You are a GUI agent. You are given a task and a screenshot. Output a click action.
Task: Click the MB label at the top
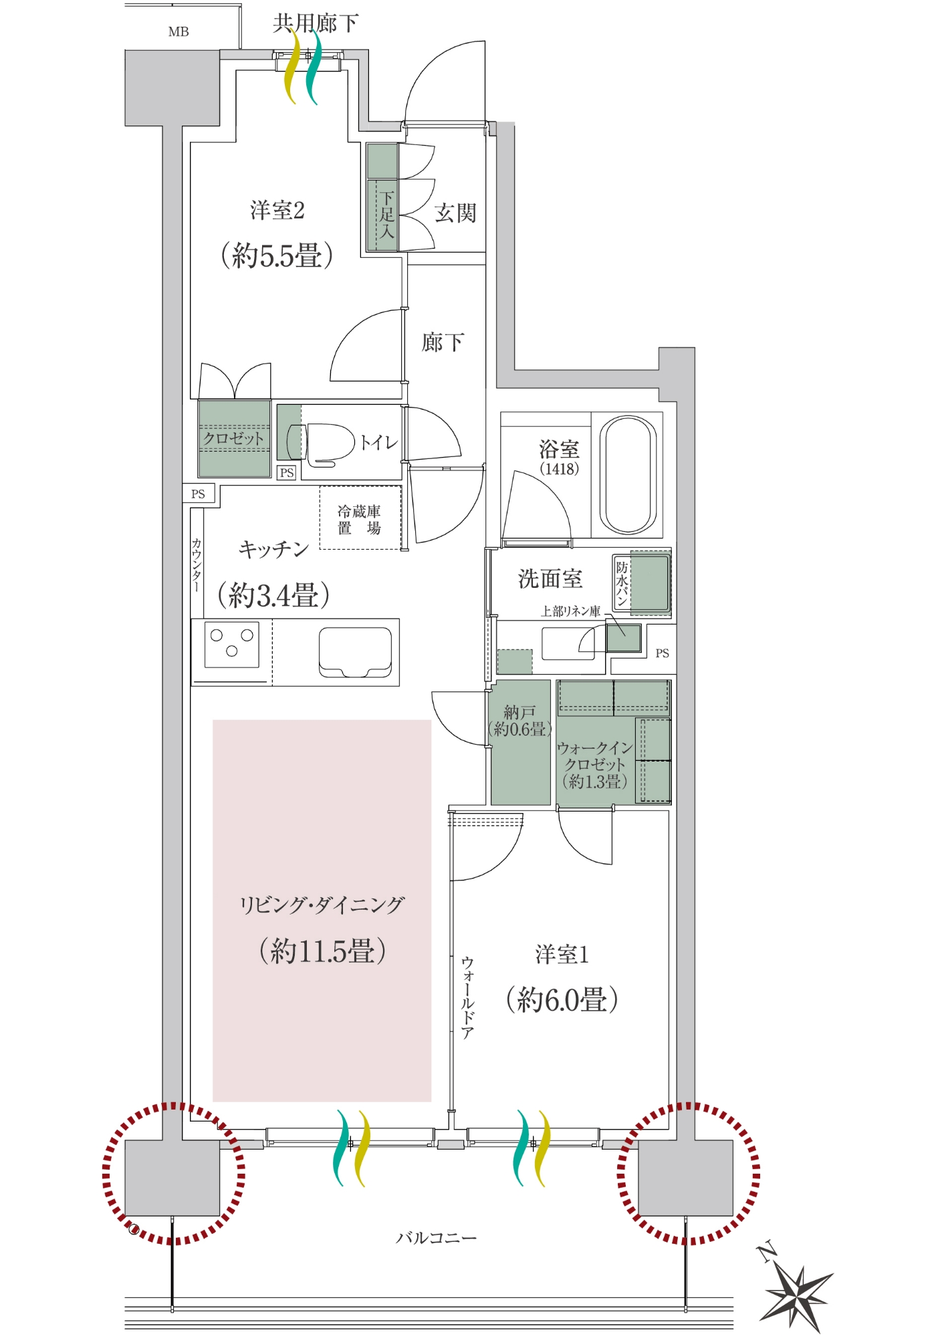tap(179, 31)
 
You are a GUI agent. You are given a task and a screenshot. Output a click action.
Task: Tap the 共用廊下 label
tap(316, 23)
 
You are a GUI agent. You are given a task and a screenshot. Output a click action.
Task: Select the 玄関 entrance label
tap(455, 213)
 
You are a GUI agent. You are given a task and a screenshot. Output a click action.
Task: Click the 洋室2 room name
tap(277, 210)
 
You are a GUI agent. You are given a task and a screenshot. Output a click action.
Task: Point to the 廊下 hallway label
tap(443, 343)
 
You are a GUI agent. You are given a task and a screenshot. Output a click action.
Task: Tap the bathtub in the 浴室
tap(628, 475)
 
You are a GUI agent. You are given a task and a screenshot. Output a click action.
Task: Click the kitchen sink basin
tap(355, 652)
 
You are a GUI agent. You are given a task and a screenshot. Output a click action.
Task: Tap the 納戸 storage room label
tap(519, 712)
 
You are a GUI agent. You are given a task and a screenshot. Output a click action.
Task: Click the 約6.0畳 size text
tap(562, 999)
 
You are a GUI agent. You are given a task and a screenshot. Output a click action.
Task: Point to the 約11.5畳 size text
tap(322, 951)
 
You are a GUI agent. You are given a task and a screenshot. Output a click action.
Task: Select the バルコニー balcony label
tap(437, 1238)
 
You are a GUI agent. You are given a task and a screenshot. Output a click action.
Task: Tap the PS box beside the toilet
tap(287, 472)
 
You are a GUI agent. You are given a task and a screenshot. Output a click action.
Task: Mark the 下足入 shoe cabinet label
tap(386, 214)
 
